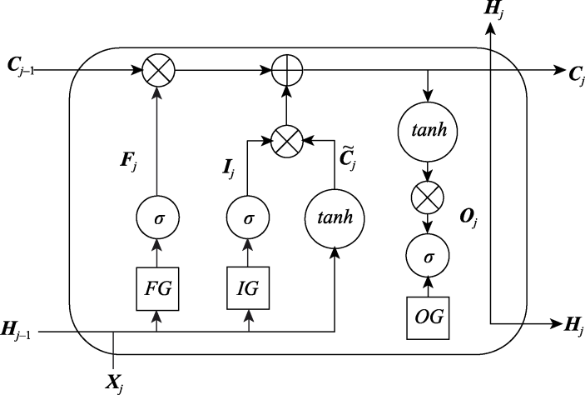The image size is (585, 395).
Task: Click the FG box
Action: point(156,287)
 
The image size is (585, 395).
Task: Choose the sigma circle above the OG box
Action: point(429,257)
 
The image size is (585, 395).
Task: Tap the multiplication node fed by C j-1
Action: point(156,72)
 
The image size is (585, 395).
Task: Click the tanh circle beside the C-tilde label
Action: point(333,217)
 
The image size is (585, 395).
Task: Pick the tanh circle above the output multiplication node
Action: point(429,131)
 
